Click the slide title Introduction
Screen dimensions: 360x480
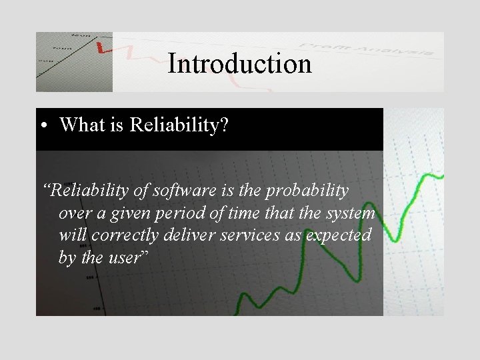pos(239,64)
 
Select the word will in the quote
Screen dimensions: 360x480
pos(71,236)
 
